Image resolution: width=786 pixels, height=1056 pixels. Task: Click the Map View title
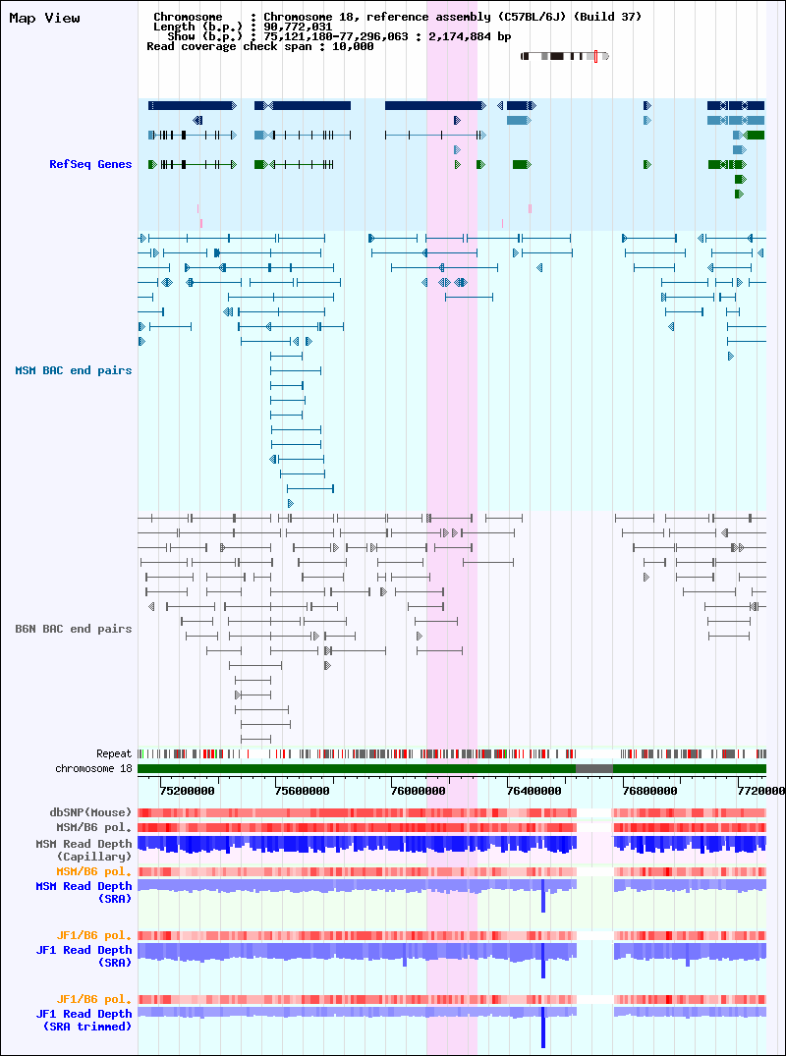tap(44, 19)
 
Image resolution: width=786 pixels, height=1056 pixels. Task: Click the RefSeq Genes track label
tap(90, 164)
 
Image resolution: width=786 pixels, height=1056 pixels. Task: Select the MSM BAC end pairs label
tap(74, 370)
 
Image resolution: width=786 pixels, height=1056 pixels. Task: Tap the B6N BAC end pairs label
tap(74, 629)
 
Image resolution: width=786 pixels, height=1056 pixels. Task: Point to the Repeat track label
tap(114, 754)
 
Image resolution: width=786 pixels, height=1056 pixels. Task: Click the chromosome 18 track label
tap(93, 768)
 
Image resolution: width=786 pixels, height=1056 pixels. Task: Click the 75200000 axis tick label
tap(188, 791)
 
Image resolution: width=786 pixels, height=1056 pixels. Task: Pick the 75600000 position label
tap(302, 791)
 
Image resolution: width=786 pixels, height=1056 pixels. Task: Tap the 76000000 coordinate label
tap(418, 791)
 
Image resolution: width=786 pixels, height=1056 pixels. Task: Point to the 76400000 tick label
tap(533, 791)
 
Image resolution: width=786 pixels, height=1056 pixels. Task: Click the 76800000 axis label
tap(649, 791)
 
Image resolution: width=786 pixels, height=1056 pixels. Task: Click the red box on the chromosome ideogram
tap(595, 56)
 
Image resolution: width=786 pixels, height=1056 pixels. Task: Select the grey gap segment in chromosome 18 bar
tap(594, 768)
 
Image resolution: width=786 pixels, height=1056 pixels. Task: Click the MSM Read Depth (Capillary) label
tap(84, 850)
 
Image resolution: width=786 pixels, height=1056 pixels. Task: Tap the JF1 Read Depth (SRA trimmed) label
tap(84, 1021)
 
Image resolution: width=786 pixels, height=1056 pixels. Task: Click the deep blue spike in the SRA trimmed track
tap(543, 1028)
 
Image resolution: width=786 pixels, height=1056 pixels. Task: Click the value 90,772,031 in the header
tap(292, 27)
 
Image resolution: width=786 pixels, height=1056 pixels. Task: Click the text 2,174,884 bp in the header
tap(470, 36)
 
